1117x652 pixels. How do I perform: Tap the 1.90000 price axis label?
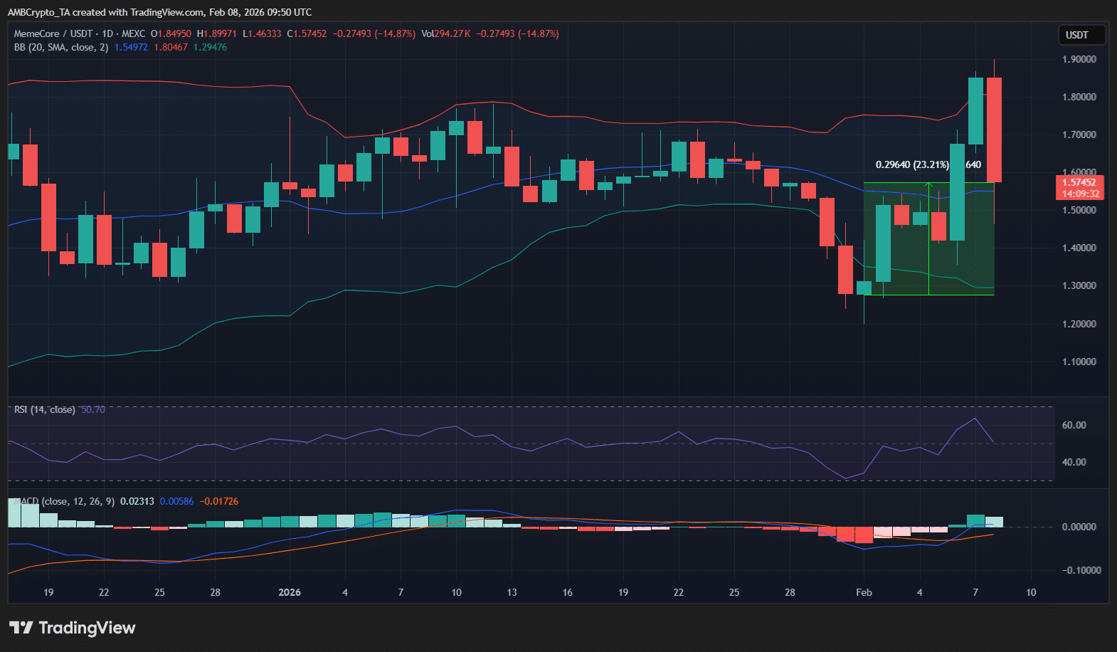[1079, 59]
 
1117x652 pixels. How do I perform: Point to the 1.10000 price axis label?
[1079, 362]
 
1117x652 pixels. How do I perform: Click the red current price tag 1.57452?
[1080, 183]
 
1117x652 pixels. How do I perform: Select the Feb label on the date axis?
[864, 592]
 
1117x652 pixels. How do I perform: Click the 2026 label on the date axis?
[290, 592]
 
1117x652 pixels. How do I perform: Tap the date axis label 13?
[512, 592]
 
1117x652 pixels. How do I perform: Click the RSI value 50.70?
[93, 409]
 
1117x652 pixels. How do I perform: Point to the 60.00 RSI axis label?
[1074, 425]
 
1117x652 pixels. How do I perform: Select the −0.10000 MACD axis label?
[1081, 570]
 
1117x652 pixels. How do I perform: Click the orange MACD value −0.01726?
[219, 501]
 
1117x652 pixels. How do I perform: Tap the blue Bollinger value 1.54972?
[131, 47]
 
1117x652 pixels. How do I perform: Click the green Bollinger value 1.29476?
[211, 47]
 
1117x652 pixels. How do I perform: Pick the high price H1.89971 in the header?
[217, 33]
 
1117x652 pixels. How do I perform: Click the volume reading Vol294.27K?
[445, 33]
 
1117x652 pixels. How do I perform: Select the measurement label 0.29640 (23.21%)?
[912, 164]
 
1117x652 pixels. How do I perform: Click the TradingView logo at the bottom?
[72, 628]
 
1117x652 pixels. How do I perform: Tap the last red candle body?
[994, 130]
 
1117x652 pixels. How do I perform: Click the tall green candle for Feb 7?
[975, 111]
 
